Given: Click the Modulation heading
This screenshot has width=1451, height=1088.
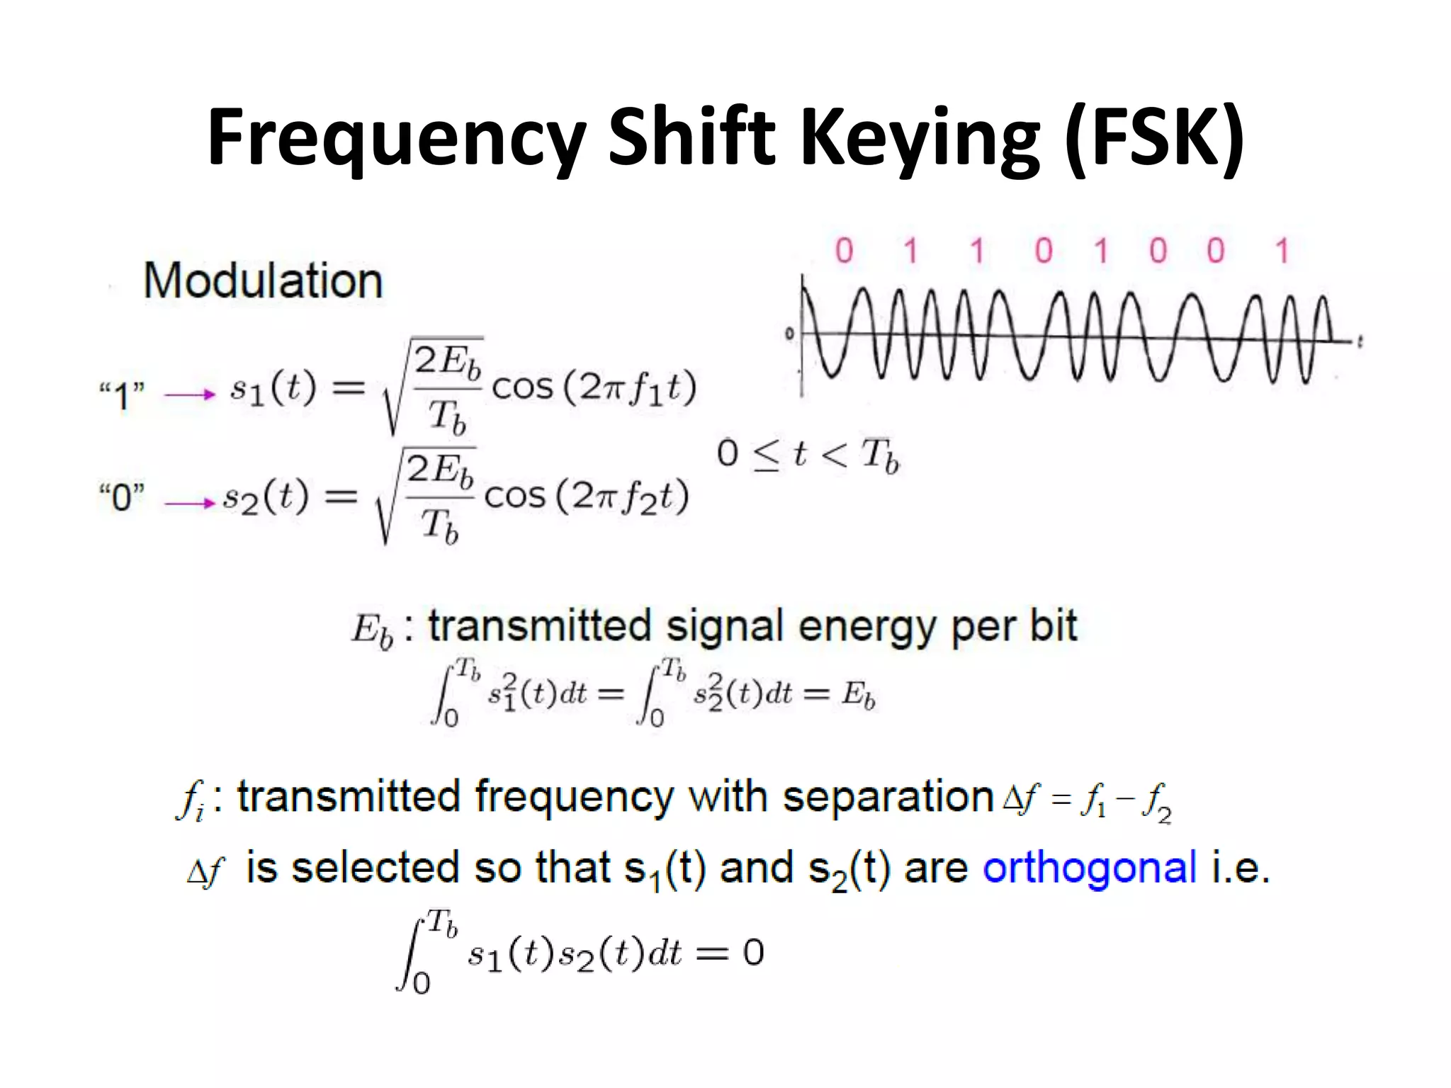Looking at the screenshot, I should (263, 281).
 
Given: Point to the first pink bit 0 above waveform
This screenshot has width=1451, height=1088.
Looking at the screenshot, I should (844, 251).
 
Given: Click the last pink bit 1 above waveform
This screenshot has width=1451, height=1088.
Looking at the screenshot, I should (1282, 251).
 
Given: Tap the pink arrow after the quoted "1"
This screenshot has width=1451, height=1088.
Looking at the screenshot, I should (189, 395).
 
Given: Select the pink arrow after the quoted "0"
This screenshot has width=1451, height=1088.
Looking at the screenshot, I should (189, 503).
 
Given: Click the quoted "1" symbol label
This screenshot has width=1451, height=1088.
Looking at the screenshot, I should (122, 395).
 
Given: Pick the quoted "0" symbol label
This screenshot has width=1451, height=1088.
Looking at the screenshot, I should (122, 497).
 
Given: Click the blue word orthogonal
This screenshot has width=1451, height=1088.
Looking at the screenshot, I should (1090, 868).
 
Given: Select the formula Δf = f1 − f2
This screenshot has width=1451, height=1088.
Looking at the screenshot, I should (1088, 801).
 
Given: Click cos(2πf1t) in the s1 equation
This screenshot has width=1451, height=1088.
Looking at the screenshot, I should (594, 387).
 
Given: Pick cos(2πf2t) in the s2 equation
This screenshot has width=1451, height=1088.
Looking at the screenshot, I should (587, 496).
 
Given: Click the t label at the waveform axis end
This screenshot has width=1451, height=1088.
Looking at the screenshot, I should (1360, 342).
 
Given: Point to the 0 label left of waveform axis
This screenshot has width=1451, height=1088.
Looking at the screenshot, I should (789, 334).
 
